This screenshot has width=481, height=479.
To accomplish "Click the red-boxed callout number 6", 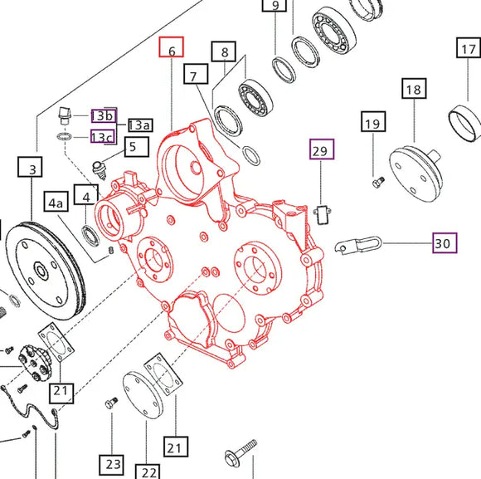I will click(172, 50).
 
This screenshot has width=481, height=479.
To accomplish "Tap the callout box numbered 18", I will click(413, 89).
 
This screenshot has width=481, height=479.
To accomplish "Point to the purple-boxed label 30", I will click(444, 243).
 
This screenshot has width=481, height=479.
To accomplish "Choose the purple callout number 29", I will click(321, 150).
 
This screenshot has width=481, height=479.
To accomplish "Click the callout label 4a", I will click(56, 202).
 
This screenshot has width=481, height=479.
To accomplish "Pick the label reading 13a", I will click(138, 125).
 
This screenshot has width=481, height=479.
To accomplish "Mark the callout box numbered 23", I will click(113, 463).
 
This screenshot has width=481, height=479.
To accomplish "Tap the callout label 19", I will click(372, 125).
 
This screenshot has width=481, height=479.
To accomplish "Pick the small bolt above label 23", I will click(110, 404).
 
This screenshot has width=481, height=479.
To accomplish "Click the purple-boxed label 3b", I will click(104, 115).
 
